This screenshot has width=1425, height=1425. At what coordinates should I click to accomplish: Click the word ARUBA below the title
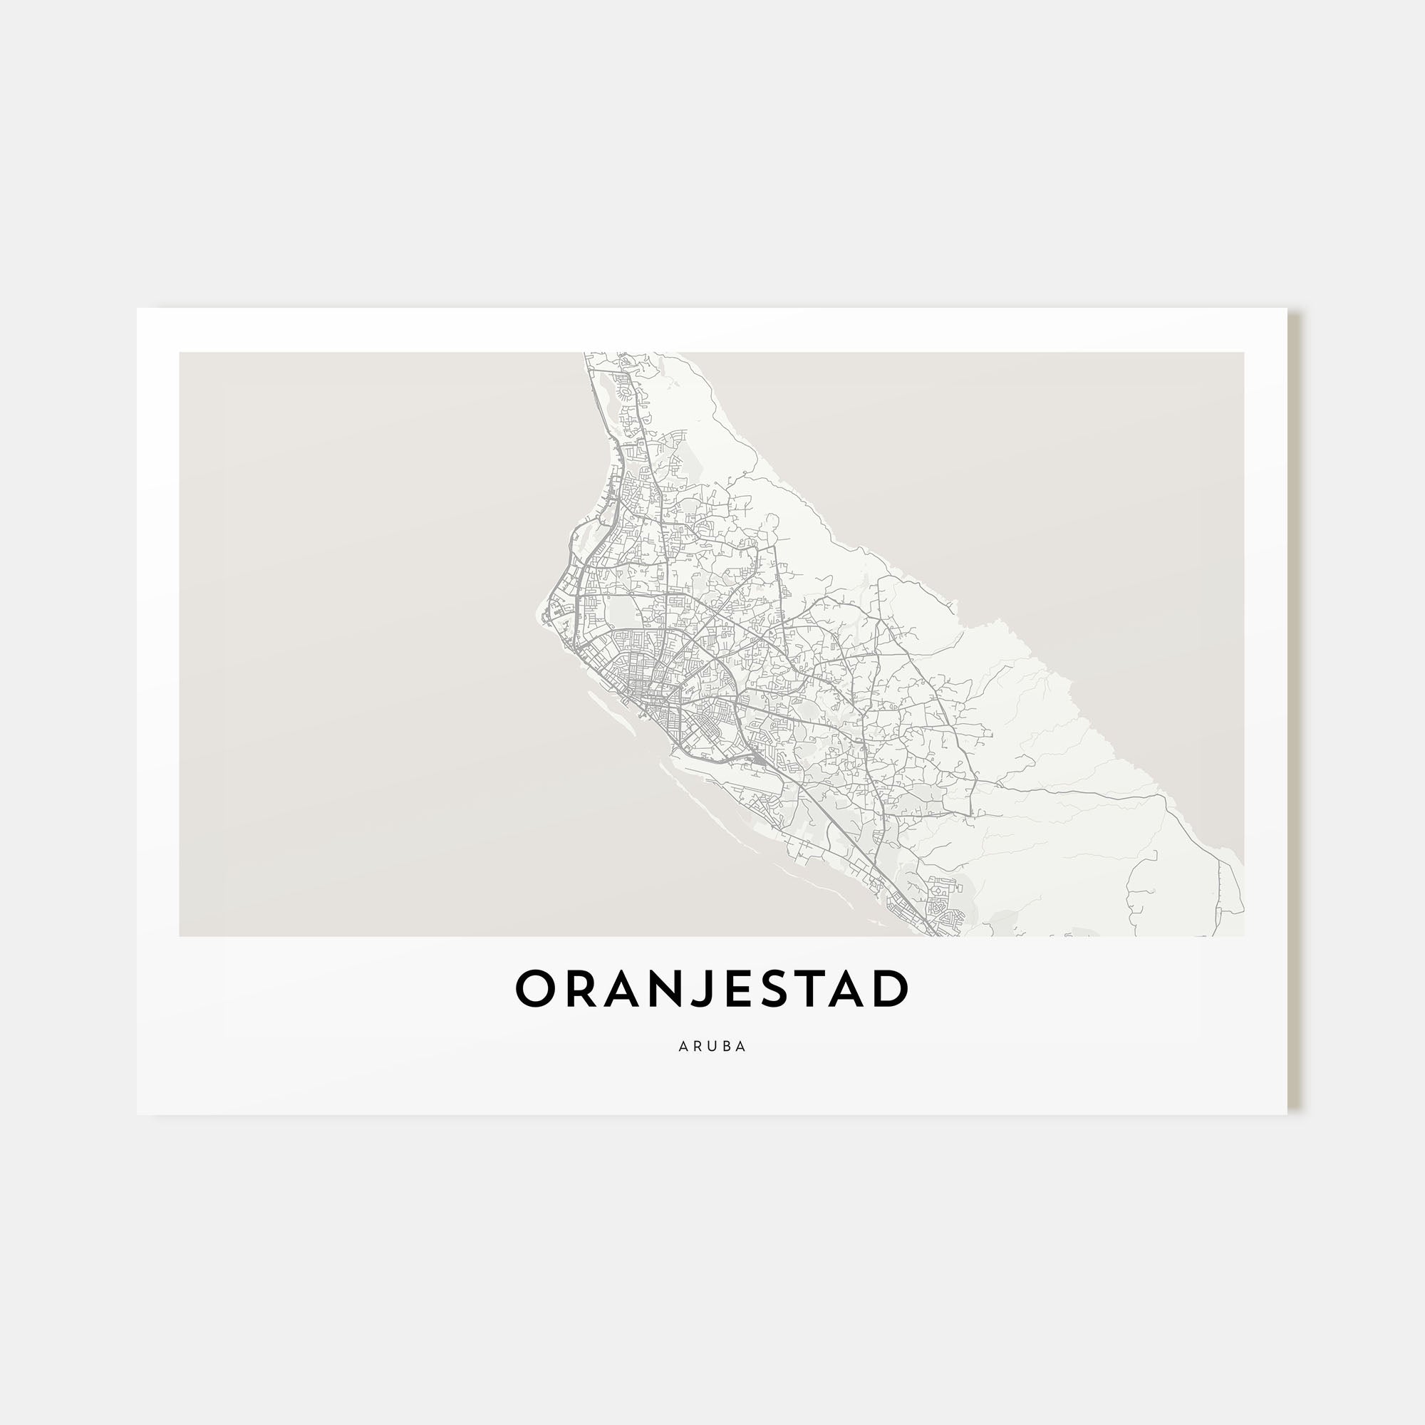coord(712,1047)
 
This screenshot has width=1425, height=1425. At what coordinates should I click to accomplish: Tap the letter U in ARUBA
coord(712,1047)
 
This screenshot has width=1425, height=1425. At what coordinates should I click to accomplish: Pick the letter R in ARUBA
coord(698,1047)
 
